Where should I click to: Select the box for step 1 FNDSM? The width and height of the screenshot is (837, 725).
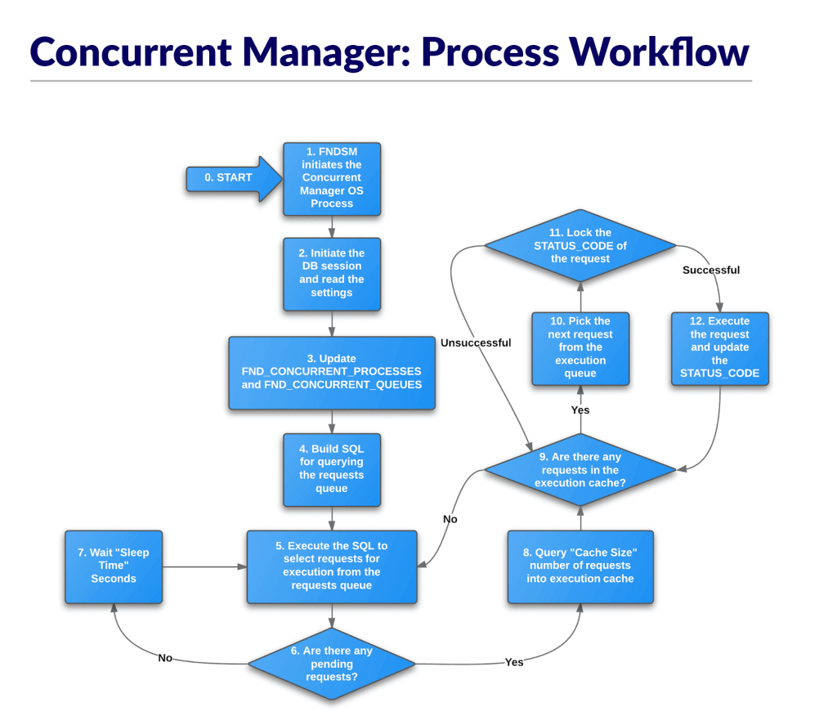pyautogui.click(x=332, y=178)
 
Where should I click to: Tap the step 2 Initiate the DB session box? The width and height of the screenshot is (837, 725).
pyautogui.click(x=332, y=274)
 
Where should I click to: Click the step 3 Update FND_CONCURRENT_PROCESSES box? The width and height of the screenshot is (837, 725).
pyautogui.click(x=332, y=372)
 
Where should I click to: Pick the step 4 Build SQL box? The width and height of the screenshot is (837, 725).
pyautogui.click(x=332, y=469)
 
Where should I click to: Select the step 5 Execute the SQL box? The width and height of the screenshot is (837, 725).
pyautogui.click(x=332, y=566)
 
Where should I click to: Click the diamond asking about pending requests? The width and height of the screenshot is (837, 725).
pyautogui.click(x=332, y=664)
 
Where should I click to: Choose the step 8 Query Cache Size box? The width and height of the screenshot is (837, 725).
pyautogui.click(x=580, y=566)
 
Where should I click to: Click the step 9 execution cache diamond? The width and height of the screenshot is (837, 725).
pyautogui.click(x=580, y=470)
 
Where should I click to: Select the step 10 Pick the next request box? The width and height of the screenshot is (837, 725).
pyautogui.click(x=580, y=347)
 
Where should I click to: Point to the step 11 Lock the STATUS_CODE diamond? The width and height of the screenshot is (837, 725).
pyautogui.click(x=580, y=246)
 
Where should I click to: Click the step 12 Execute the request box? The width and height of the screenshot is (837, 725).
pyautogui.click(x=719, y=347)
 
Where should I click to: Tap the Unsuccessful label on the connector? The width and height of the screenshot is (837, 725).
pyautogui.click(x=476, y=343)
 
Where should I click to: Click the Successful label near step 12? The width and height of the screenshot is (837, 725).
pyautogui.click(x=711, y=271)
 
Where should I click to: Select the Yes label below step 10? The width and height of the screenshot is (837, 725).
pyautogui.click(x=580, y=410)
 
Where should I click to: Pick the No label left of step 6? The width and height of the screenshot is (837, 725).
pyautogui.click(x=165, y=658)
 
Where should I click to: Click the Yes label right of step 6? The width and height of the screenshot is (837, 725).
pyautogui.click(x=514, y=662)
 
